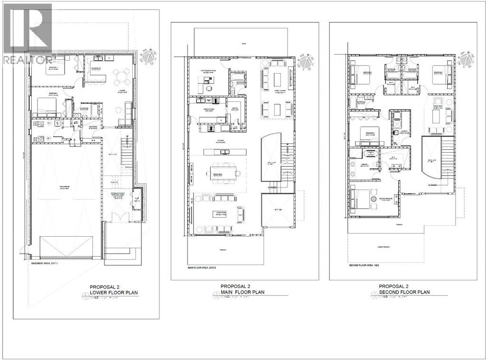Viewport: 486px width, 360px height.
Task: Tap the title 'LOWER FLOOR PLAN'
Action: pos(113,293)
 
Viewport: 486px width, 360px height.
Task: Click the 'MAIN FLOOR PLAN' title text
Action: pos(242,292)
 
